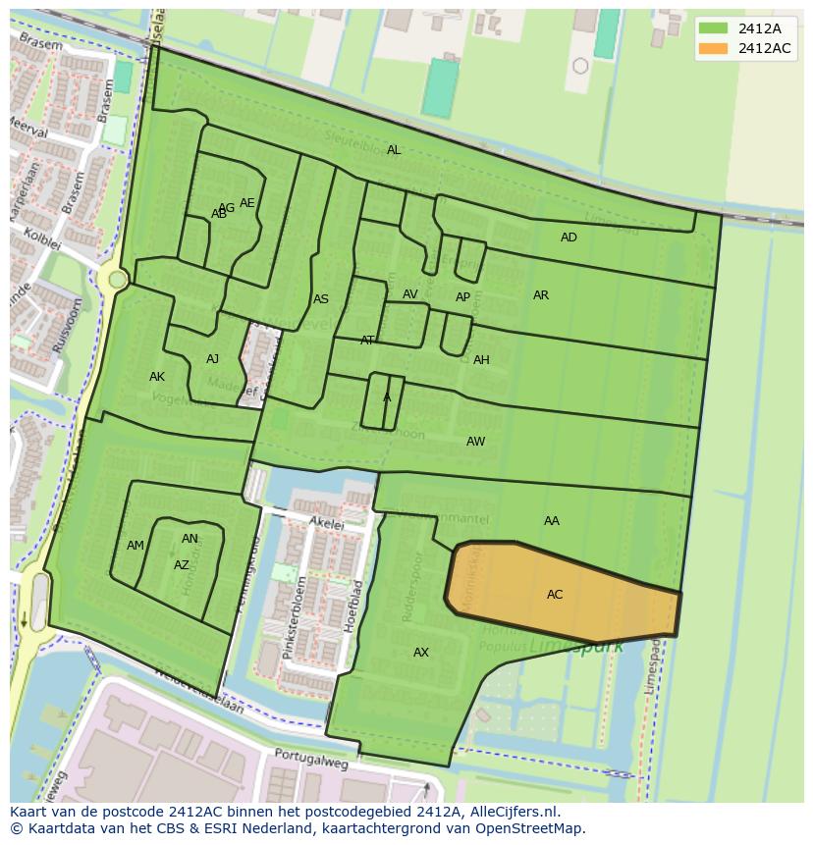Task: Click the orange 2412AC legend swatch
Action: point(714,48)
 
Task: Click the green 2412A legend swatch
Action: point(714,27)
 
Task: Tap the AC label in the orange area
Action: point(555,595)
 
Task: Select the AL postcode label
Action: point(394,150)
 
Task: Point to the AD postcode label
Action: point(569,238)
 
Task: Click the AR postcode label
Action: point(541,295)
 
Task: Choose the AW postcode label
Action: point(475,442)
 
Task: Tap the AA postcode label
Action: point(552,521)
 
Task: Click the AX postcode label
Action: point(421,653)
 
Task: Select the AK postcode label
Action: point(157,377)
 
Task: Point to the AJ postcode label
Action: point(213,359)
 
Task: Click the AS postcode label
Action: point(321,299)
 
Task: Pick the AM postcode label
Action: point(135,546)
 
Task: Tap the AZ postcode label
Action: point(182,565)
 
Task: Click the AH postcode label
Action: point(481,360)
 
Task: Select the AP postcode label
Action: point(462,297)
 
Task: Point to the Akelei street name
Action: point(327,525)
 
